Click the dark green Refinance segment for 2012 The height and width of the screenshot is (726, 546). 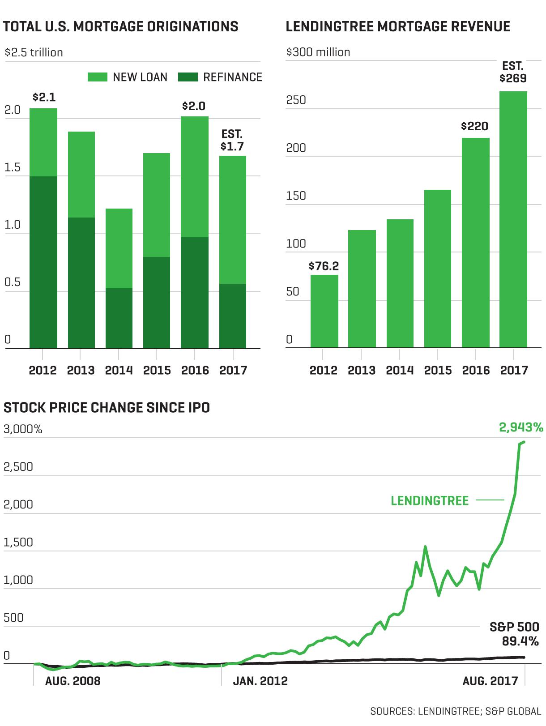click(43, 262)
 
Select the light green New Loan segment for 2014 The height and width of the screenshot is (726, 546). click(119, 248)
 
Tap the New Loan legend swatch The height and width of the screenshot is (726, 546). click(98, 77)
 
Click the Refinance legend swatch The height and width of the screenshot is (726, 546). click(188, 77)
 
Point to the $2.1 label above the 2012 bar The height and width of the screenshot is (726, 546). click(44, 97)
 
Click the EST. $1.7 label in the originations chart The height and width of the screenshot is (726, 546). click(232, 140)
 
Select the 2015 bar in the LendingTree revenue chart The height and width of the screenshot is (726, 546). click(438, 269)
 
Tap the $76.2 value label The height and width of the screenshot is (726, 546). click(324, 266)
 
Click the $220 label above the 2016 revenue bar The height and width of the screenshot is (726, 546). click(474, 126)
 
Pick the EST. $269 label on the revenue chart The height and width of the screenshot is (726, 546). click(513, 72)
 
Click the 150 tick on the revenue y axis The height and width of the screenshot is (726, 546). click(296, 196)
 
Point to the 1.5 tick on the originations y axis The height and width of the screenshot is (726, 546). click(12, 167)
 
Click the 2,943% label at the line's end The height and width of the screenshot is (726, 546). click(521, 427)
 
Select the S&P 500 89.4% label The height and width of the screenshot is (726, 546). click(514, 634)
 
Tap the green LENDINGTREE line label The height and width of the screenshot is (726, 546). click(430, 501)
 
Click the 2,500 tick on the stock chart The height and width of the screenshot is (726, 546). click(18, 467)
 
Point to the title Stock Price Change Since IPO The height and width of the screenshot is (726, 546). click(107, 407)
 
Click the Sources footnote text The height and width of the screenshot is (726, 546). click(456, 711)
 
